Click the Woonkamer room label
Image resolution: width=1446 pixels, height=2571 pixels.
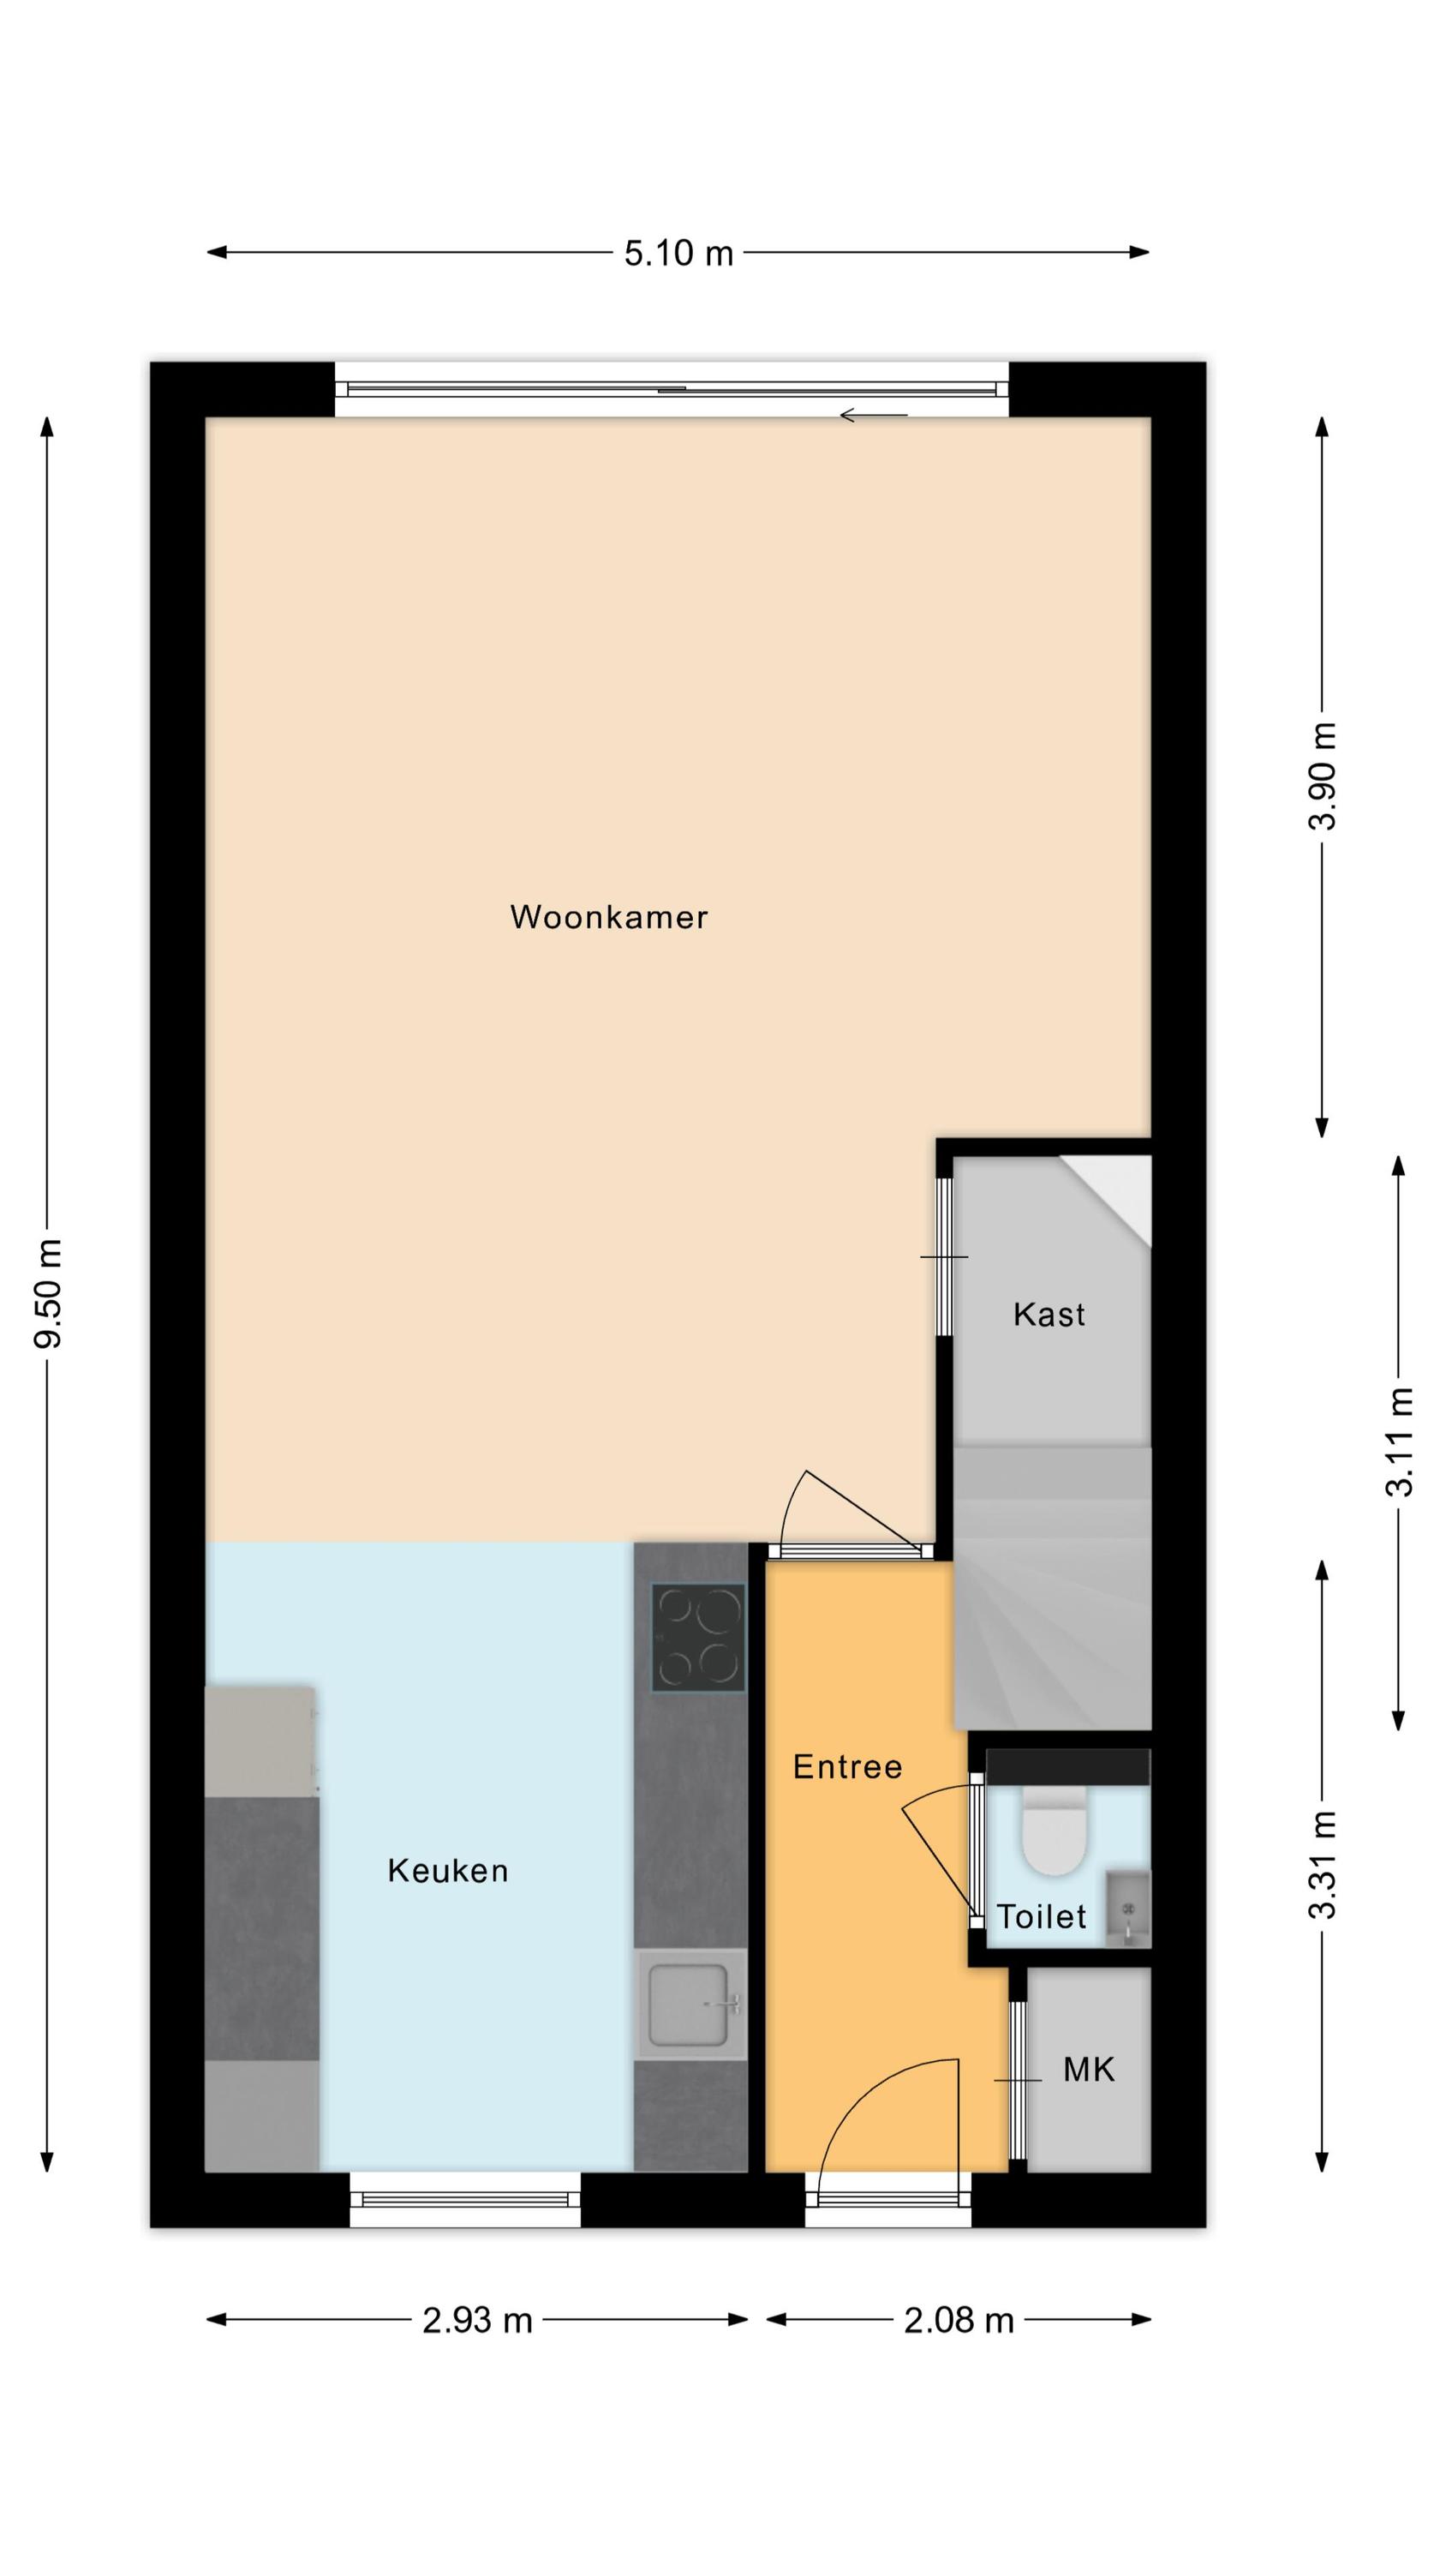(609, 917)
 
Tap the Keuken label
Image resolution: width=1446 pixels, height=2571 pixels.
(448, 1870)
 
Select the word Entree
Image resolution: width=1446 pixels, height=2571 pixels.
(847, 1767)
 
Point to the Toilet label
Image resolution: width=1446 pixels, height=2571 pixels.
(1041, 1916)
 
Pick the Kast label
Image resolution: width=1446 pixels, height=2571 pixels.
(1049, 1315)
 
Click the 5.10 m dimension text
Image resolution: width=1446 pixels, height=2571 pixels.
(678, 254)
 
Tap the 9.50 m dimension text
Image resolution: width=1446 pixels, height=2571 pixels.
(48, 1293)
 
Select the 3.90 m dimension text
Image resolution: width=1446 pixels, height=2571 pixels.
(1324, 776)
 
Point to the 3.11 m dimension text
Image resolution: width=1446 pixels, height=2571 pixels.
(1399, 1442)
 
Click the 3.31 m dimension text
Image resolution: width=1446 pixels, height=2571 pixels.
(1324, 1864)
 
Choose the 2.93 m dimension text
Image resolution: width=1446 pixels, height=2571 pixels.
(477, 2321)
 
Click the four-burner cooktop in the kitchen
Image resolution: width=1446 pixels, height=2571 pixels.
(697, 1638)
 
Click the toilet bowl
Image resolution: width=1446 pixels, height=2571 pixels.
(1055, 1833)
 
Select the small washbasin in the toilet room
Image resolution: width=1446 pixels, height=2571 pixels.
(1127, 1911)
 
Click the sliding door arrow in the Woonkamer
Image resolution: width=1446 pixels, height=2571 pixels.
(873, 415)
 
